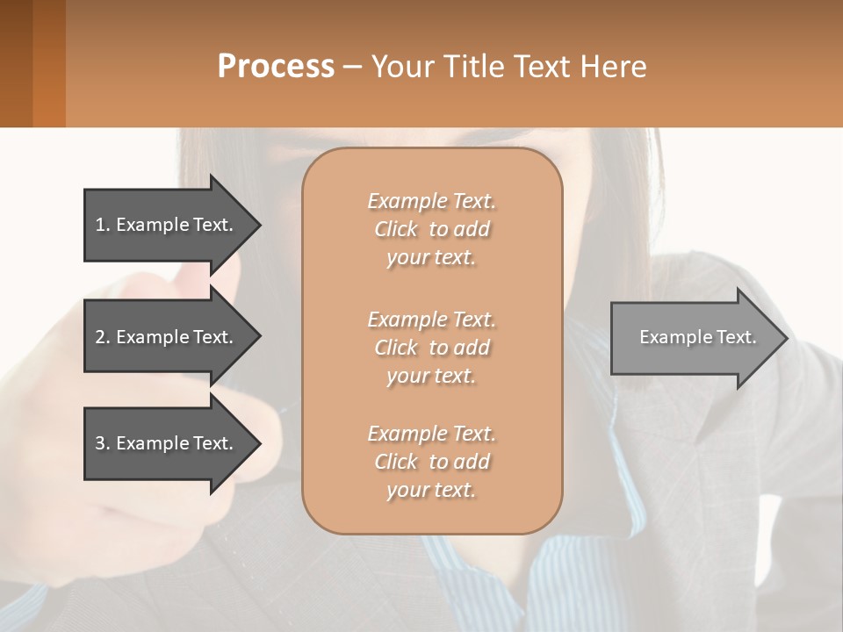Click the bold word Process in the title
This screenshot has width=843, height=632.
pos(276,67)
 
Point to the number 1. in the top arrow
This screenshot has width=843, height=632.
pos(103,225)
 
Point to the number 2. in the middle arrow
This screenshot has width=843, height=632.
pos(103,337)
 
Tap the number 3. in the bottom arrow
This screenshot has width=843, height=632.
pos(103,443)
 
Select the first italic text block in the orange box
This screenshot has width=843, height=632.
pos(432,229)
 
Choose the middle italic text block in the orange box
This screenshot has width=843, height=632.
pos(432,348)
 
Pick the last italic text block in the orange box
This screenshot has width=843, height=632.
pos(432,462)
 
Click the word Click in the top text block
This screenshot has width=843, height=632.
pos(395,229)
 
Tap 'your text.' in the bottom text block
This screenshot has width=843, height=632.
pos(431,490)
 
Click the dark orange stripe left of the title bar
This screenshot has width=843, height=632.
pos(48,63)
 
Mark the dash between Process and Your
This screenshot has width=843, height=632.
pos(352,68)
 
